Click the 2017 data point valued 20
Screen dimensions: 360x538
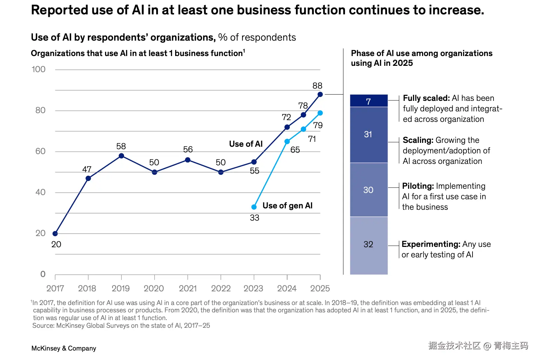55,234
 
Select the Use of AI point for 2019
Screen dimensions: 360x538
121,156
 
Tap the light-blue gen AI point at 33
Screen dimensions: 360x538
254,207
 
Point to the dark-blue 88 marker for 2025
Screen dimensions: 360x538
320,95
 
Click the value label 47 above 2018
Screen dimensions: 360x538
87,169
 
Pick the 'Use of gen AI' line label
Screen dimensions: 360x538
287,206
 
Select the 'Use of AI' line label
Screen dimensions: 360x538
246,144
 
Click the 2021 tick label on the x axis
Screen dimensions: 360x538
188,289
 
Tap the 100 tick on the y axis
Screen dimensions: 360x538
39,69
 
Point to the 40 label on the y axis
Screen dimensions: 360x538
40,192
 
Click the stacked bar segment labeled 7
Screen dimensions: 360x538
368,101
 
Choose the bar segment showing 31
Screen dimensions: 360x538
368,134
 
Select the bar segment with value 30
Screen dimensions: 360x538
368,190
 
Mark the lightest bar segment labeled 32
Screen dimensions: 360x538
368,244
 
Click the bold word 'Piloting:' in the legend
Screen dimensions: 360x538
418,186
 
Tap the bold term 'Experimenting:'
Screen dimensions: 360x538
431,244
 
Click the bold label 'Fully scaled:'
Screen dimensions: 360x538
426,98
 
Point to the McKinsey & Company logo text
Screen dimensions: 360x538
64,348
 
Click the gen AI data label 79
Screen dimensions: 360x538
318,125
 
